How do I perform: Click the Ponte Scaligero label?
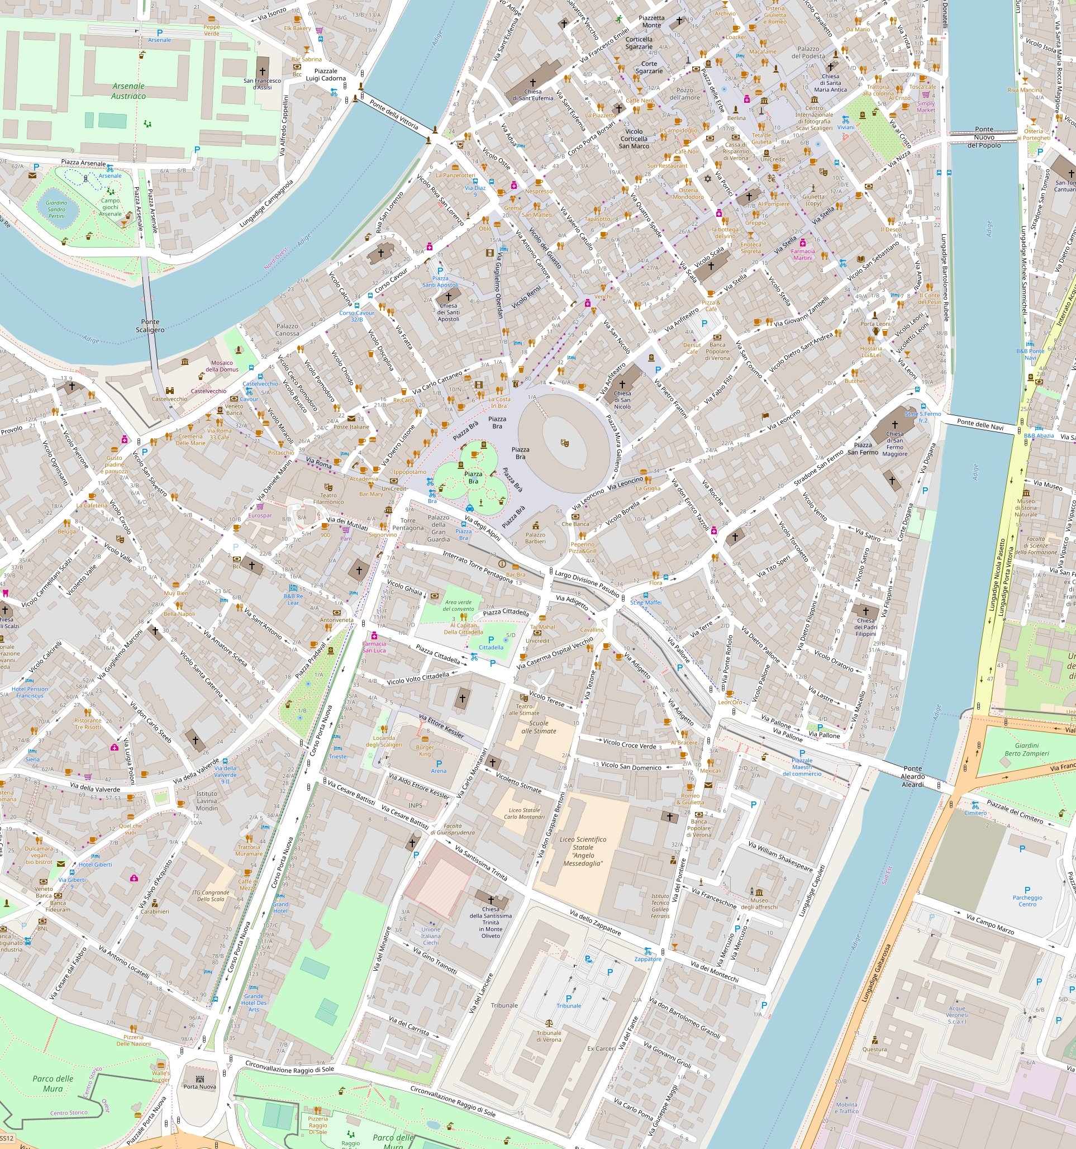coord(150,325)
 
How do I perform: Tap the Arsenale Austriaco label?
coord(128,91)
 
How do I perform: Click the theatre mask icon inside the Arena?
coord(564,443)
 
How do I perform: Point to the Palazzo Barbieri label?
coord(535,538)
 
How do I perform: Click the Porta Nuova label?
coord(199,1086)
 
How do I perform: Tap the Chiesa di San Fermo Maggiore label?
coord(894,443)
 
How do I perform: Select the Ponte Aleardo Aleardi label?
coord(912,776)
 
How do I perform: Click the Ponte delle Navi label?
coord(980,425)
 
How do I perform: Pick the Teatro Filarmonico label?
coord(328,498)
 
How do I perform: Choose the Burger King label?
coord(425,750)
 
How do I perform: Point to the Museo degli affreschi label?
coord(759,903)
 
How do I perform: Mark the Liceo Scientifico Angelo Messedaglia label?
coord(583,851)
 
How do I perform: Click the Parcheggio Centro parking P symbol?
coord(1027,891)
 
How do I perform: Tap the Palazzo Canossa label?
coord(287,329)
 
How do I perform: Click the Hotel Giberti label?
coord(96,865)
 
